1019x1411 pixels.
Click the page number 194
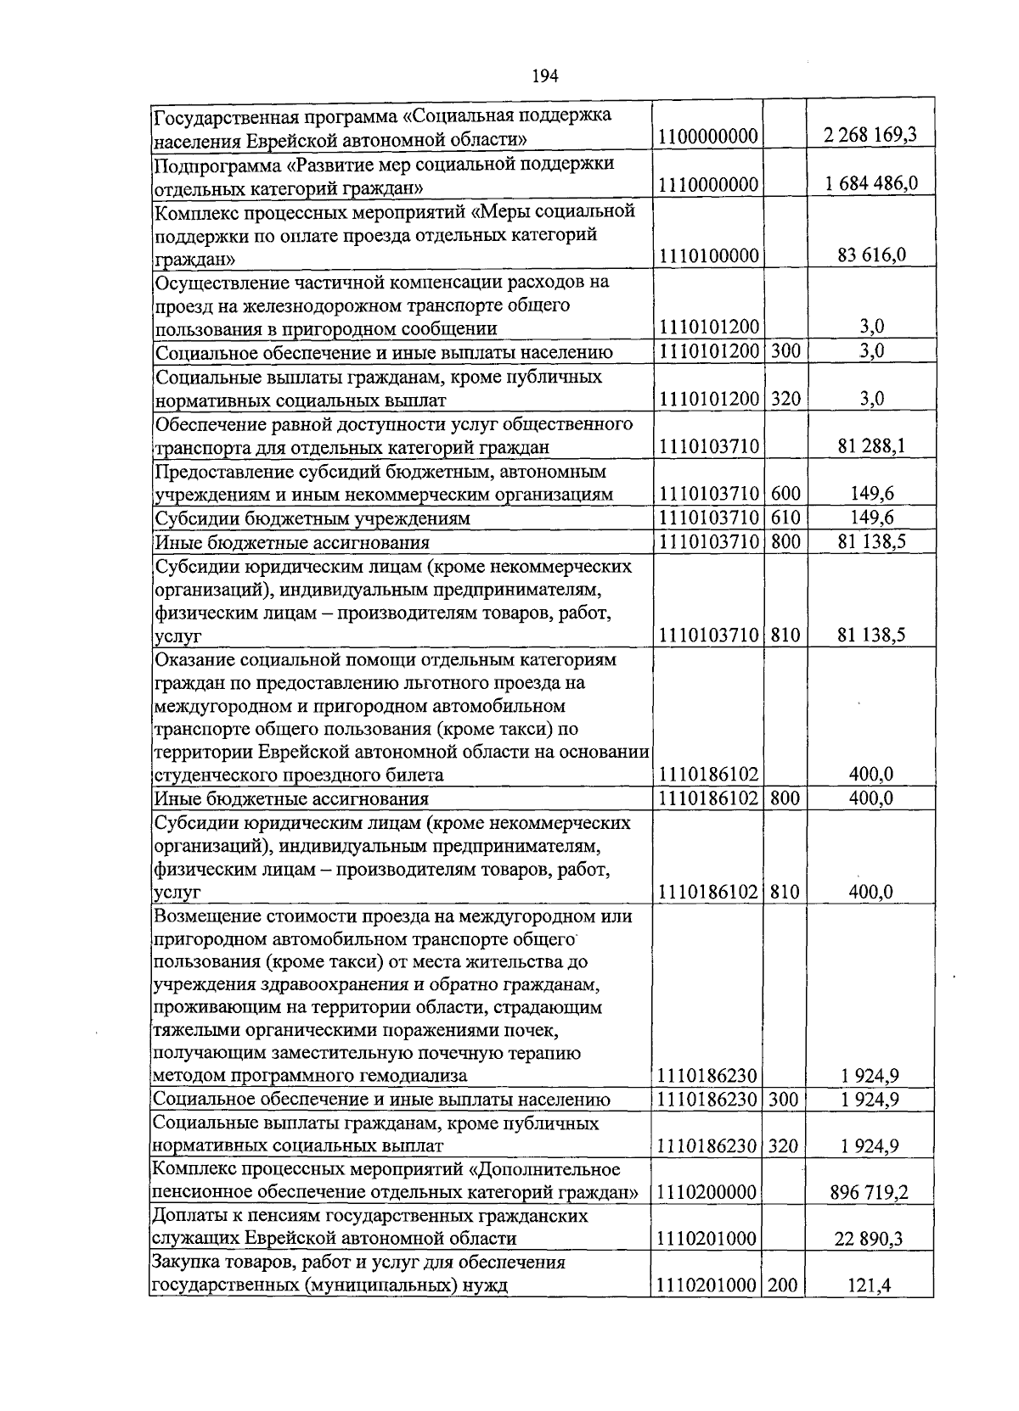pyautogui.click(x=544, y=76)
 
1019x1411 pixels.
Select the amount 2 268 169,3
pyautogui.click(x=870, y=136)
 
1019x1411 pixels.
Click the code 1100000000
pyautogui.click(x=708, y=137)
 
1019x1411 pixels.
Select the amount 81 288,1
pyautogui.click(x=870, y=446)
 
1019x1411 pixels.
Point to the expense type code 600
pyautogui.click(x=785, y=494)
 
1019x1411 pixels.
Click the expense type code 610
pyautogui.click(x=785, y=518)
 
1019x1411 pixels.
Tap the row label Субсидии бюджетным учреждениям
pyautogui.click(x=312, y=518)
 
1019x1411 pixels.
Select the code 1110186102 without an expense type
pyautogui.click(x=708, y=774)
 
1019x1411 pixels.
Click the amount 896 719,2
pyautogui.click(x=870, y=1193)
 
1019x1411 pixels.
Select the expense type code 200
pyautogui.click(x=783, y=1286)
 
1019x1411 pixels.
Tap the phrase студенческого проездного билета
pyautogui.click(x=299, y=775)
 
